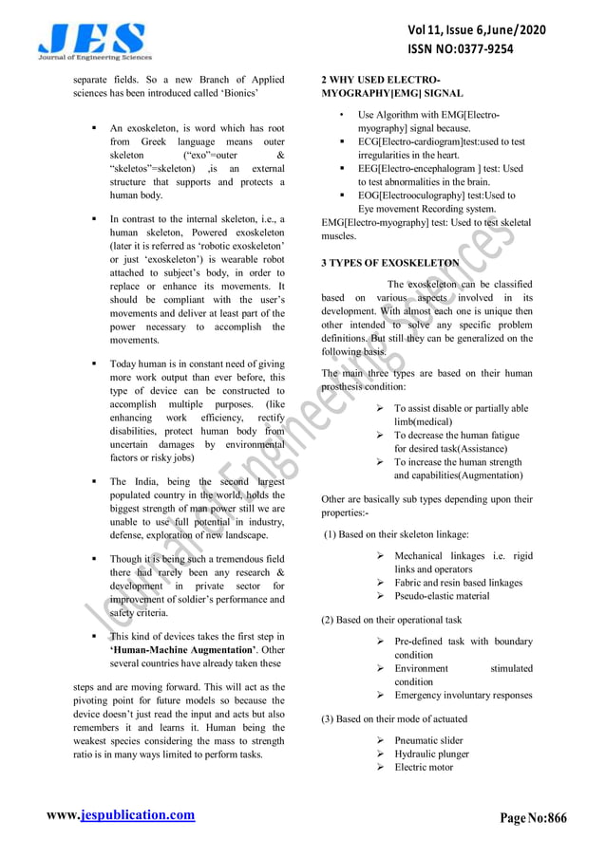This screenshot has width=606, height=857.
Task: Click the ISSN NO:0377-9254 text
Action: click(x=476, y=50)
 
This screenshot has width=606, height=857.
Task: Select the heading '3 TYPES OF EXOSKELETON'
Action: click(x=390, y=263)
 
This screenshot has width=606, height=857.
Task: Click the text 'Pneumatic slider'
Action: click(x=429, y=740)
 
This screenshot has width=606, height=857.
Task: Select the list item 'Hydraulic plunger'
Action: click(x=432, y=754)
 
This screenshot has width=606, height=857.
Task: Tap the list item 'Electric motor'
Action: click(x=424, y=767)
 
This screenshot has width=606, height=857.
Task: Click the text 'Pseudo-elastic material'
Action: click(x=442, y=596)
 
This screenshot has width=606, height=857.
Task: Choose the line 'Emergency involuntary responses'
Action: click(x=464, y=695)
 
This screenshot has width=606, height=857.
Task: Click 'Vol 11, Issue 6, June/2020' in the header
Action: click(x=476, y=31)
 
